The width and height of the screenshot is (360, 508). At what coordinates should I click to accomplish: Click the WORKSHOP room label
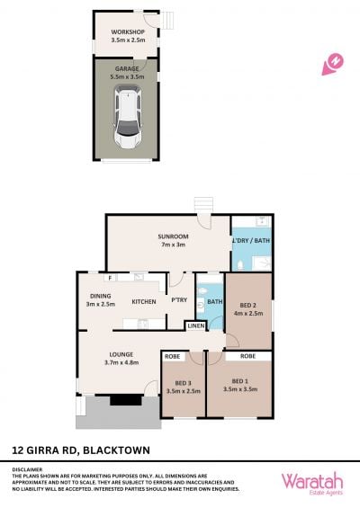[128, 32]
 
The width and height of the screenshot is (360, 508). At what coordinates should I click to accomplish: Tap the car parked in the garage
[128, 117]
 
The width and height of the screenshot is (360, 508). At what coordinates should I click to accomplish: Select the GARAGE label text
[127, 68]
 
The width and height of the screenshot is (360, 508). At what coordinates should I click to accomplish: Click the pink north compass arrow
[333, 65]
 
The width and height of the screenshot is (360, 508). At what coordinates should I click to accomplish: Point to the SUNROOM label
[173, 236]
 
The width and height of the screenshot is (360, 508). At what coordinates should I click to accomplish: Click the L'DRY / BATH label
[251, 240]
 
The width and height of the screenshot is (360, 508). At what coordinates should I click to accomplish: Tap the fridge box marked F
[111, 278]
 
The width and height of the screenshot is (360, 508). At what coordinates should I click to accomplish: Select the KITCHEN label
[144, 301]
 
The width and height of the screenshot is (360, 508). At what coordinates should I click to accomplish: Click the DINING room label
[101, 296]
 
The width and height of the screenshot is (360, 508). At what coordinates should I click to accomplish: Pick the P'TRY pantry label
[179, 300]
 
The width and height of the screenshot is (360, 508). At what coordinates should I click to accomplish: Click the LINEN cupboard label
[196, 325]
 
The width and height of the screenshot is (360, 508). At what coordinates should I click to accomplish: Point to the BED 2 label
[248, 305]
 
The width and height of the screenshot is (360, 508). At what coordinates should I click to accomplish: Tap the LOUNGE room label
[121, 354]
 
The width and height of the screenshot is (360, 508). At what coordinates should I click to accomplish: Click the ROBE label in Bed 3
[173, 356]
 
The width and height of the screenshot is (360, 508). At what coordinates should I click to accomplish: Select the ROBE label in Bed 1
[248, 356]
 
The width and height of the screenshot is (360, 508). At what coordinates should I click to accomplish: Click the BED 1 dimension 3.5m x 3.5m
[240, 389]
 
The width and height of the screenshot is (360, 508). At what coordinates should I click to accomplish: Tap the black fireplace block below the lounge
[127, 400]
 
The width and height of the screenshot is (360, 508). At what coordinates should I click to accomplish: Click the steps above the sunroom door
[203, 205]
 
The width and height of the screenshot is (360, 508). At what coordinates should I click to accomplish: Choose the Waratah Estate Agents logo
[312, 484]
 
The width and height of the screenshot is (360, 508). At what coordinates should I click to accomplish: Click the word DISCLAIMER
[27, 469]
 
